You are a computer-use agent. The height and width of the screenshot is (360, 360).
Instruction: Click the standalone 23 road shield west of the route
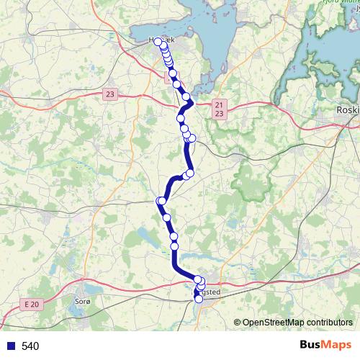(x=109, y=94)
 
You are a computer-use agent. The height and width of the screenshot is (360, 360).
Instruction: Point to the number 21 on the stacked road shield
(x=219, y=105)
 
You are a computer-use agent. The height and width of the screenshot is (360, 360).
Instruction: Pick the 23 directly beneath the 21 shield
(x=219, y=114)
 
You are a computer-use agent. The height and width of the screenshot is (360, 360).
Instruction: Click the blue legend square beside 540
(x=11, y=346)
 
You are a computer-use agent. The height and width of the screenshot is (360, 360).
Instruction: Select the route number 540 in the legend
(x=30, y=346)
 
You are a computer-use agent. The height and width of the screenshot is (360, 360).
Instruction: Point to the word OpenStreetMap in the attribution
(x=273, y=323)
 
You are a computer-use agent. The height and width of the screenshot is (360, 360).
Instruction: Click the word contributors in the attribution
(x=329, y=323)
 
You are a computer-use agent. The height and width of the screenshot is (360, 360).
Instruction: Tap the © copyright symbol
(x=237, y=323)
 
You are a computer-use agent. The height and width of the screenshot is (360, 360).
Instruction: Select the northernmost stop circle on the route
(x=158, y=42)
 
